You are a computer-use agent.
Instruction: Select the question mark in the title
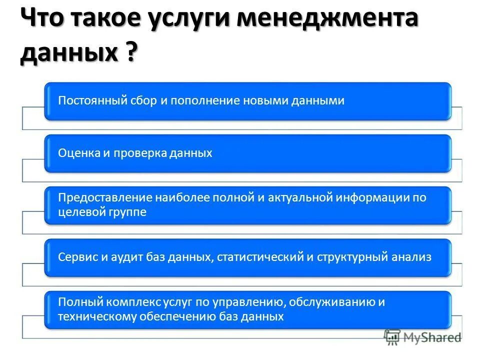coord(129,52)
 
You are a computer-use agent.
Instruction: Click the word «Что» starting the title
coord(43,20)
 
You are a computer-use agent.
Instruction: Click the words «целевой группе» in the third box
coord(102,212)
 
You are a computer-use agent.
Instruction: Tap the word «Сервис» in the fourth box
coord(76,257)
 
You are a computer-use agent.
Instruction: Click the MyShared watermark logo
coord(422,337)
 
